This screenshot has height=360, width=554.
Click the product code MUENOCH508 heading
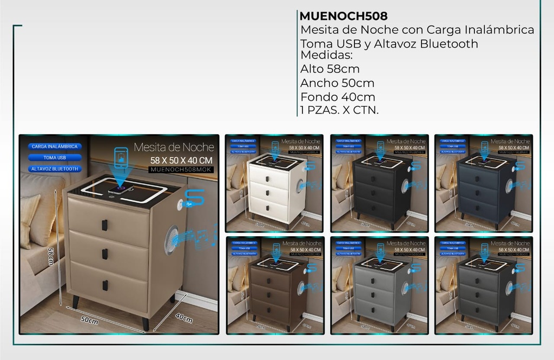(x=343, y=16)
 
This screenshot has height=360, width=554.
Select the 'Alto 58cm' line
(x=330, y=69)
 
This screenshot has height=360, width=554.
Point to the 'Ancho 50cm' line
(x=337, y=83)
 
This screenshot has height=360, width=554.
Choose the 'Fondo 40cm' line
(x=338, y=97)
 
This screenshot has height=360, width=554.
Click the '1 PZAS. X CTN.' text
(x=339, y=110)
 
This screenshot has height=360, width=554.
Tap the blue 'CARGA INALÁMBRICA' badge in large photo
(x=55, y=146)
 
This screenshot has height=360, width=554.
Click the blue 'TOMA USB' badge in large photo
(x=55, y=158)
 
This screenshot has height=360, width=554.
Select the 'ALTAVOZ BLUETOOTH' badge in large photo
(x=55, y=169)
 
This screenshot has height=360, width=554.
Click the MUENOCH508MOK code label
(x=181, y=170)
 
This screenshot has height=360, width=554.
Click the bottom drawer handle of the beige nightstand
(x=105, y=285)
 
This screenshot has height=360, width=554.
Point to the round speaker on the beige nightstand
(x=171, y=240)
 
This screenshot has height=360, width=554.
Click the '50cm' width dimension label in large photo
(x=90, y=320)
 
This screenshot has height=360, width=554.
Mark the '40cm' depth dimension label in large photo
(x=184, y=318)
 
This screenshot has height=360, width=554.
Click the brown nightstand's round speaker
(x=301, y=288)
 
